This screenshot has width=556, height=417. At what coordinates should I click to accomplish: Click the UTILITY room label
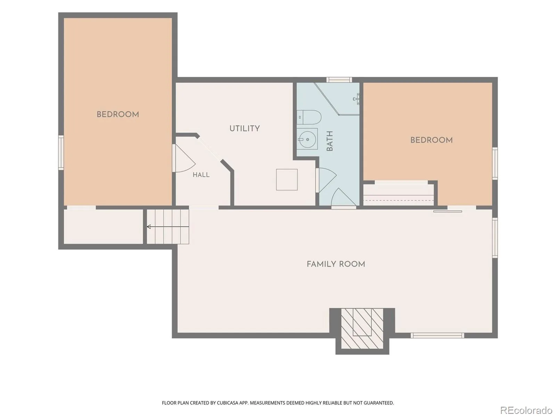coord(244,129)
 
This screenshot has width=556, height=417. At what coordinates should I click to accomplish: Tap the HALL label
coord(201,175)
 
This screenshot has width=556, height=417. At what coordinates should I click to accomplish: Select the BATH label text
coord(329,141)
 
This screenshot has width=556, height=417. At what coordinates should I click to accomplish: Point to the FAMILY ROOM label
coord(336,264)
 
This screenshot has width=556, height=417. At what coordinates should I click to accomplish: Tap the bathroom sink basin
coord(307,139)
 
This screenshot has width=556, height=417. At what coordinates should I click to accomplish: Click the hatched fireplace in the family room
coord(362,328)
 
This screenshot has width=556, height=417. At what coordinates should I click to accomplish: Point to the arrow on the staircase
coord(168,227)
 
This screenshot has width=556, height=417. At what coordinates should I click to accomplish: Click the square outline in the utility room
coord(287,180)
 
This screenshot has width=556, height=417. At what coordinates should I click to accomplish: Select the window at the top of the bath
coord(339,80)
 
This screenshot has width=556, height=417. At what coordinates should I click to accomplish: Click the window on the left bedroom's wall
coord(61,153)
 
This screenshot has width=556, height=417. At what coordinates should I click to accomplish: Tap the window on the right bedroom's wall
coord(495,163)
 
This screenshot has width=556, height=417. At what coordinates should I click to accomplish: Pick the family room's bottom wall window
coord(438,335)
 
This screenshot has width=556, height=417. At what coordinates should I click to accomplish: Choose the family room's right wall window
coord(495,238)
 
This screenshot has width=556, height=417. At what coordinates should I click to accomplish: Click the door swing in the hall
coord(184,158)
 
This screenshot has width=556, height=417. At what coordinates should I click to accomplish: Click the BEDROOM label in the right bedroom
coord(431,140)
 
